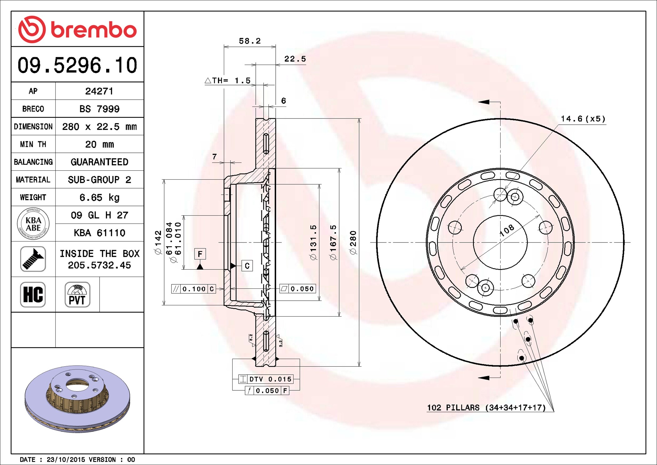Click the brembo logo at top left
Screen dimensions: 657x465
click(x=77, y=29)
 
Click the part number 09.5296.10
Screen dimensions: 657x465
click(x=77, y=65)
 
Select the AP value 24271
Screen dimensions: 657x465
click(x=99, y=91)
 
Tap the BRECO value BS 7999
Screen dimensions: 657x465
click(x=99, y=109)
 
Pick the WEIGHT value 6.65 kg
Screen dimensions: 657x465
click(x=99, y=197)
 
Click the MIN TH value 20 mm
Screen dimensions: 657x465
click(x=99, y=144)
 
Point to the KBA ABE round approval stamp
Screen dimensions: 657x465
click(x=33, y=224)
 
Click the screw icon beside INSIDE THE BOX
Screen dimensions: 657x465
click(x=33, y=259)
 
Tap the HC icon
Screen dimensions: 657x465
click(x=33, y=294)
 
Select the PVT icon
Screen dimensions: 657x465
click(x=77, y=294)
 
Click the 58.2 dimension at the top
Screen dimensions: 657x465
click(x=250, y=41)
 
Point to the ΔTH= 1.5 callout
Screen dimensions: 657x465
click(x=228, y=81)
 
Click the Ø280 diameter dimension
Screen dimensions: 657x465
click(x=353, y=242)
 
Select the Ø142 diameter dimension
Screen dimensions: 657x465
click(x=158, y=242)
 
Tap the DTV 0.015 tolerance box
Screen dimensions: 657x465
click(x=266, y=379)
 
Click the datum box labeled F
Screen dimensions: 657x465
click(x=200, y=254)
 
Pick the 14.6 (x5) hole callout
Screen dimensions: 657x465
click(x=583, y=119)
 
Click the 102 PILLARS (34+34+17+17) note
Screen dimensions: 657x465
click(x=487, y=407)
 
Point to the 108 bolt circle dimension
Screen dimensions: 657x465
click(x=506, y=230)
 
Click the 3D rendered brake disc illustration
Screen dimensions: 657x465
click(x=77, y=399)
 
